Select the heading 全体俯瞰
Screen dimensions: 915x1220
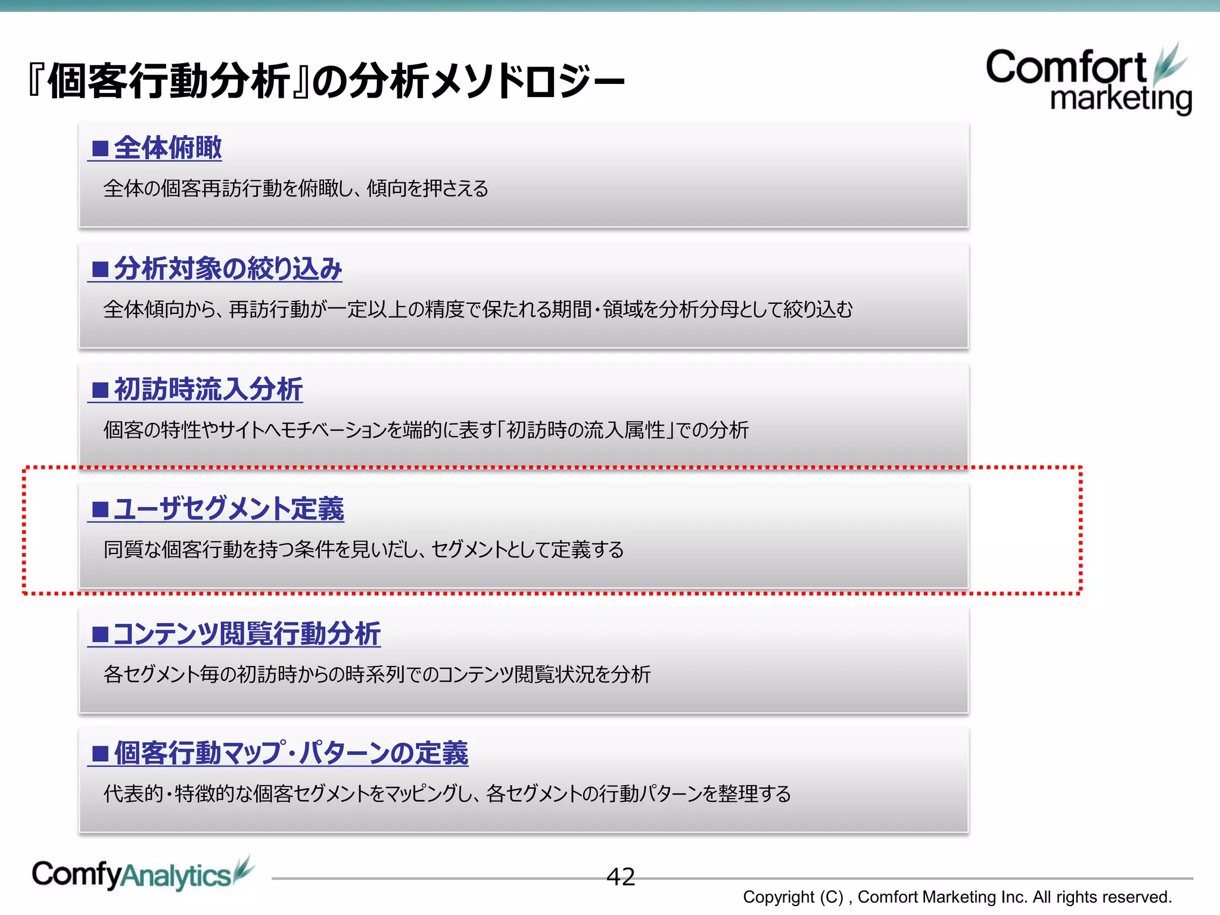[167, 148]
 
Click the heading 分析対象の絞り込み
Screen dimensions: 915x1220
[228, 269]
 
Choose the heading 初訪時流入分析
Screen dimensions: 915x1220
[208, 390]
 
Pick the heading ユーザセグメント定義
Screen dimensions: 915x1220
[229, 509]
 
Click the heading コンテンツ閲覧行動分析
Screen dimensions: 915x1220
[246, 634]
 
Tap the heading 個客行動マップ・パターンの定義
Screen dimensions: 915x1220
[291, 754]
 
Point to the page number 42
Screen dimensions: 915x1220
[620, 877]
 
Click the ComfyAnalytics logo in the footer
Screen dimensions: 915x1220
[142, 875]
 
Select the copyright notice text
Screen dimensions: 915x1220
[957, 897]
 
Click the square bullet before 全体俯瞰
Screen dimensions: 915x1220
[100, 148]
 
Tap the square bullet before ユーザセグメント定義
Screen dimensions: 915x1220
[100, 510]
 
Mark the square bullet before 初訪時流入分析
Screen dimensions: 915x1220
[100, 390]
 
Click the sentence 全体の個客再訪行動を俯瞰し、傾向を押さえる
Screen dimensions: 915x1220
[295, 189]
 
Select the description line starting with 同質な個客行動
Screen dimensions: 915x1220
[363, 549]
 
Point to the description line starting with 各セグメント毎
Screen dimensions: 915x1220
[376, 674]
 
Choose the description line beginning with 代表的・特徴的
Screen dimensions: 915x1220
[447, 794]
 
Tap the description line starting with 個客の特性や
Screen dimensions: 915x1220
[425, 430]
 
